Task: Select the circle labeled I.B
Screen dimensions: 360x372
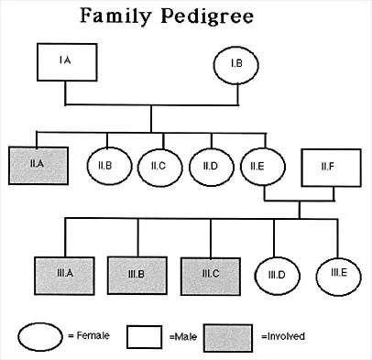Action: pos(235,64)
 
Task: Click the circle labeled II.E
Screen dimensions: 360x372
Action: pos(257,167)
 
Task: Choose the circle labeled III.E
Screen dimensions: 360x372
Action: pos(337,272)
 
